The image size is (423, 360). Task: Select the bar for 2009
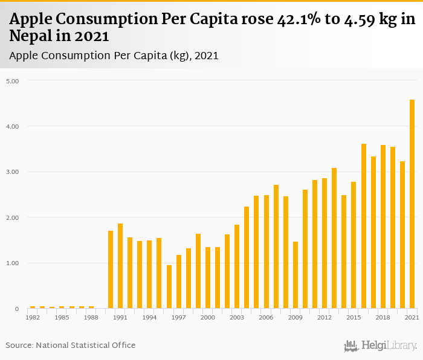(295, 275)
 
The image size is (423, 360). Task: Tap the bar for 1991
(120, 266)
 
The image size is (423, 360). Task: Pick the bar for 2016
(364, 227)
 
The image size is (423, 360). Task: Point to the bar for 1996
(169, 287)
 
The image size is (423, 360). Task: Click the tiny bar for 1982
(33, 307)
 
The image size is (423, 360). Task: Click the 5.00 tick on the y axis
(13, 81)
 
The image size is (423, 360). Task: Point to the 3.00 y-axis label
(13, 172)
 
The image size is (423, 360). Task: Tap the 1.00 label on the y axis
(13, 263)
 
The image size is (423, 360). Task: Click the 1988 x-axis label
(91, 317)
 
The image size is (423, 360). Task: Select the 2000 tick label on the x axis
(208, 317)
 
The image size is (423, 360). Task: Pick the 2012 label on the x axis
(325, 317)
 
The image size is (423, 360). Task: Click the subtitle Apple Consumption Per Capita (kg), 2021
(114, 56)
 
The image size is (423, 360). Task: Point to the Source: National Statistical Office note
(71, 346)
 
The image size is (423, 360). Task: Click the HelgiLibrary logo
(381, 346)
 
